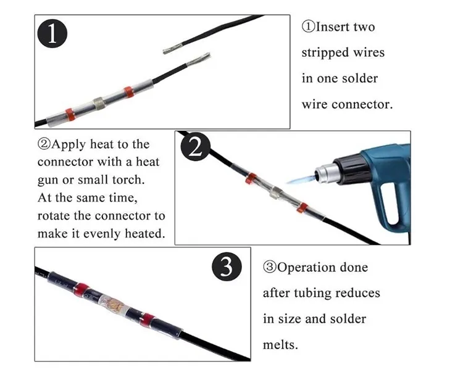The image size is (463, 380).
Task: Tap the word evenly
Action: [x=98, y=234]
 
